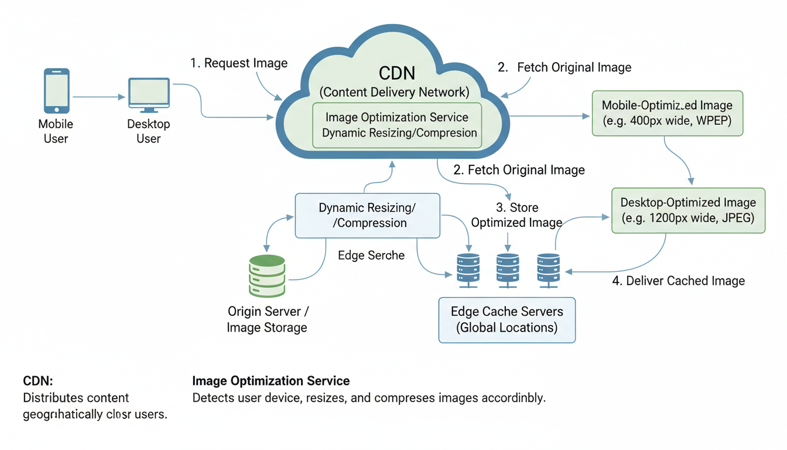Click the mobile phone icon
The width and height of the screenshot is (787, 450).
click(56, 91)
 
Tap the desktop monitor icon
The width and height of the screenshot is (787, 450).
click(149, 94)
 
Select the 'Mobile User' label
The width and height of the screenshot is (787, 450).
click(56, 131)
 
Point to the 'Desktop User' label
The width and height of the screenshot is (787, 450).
click(148, 131)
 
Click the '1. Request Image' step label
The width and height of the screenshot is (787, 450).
click(239, 63)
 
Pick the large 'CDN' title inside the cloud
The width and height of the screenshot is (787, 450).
click(396, 73)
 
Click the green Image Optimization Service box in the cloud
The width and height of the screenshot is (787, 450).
click(397, 125)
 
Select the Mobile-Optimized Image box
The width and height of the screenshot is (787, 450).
click(667, 113)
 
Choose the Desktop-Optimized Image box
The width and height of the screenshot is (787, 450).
click(688, 210)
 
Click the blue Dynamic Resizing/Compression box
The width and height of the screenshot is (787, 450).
click(367, 216)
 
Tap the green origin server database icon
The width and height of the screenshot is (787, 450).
click(267, 276)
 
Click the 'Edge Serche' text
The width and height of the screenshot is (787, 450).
click(371, 255)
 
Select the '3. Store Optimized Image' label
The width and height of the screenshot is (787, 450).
click(516, 215)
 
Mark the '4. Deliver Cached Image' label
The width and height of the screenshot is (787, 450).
click(678, 281)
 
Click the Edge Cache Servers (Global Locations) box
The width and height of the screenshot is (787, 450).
click(507, 319)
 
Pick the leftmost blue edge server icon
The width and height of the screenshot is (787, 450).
click(468, 270)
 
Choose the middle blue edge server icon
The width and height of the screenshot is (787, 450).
click(507, 270)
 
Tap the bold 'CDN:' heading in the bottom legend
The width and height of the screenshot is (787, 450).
click(38, 381)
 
